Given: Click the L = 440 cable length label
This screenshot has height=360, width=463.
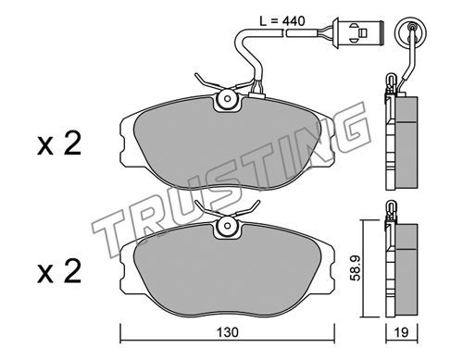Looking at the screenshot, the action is [x=282, y=21].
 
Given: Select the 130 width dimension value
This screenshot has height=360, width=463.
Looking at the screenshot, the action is [x=228, y=332].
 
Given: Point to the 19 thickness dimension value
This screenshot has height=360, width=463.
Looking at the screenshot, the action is [x=402, y=332].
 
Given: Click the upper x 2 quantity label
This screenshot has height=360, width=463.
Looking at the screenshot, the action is [x=59, y=143].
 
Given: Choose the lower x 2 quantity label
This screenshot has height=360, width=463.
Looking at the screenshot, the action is [x=59, y=271].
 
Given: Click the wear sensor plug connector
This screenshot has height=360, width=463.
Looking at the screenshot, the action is [x=358, y=32].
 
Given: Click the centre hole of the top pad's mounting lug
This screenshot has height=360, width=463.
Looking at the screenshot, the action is [x=228, y=99].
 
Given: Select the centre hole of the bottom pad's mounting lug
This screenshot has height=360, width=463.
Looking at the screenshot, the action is [x=228, y=226].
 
